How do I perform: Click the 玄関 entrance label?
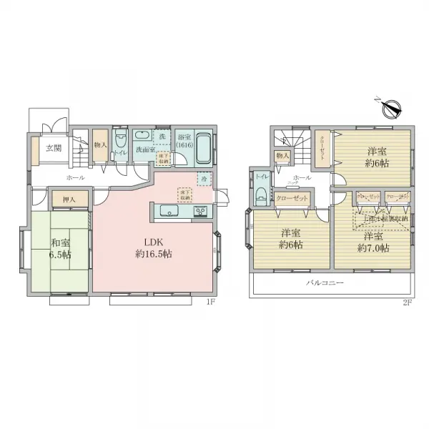53,149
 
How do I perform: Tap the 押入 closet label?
69,199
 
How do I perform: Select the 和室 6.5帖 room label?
61,248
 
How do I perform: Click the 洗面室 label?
144,150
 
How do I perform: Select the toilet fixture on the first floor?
121,140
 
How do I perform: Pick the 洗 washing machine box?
162,136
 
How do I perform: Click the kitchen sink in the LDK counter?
167,211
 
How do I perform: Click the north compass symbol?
390,108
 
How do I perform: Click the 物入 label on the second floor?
282,155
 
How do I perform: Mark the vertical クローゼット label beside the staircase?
322,149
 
